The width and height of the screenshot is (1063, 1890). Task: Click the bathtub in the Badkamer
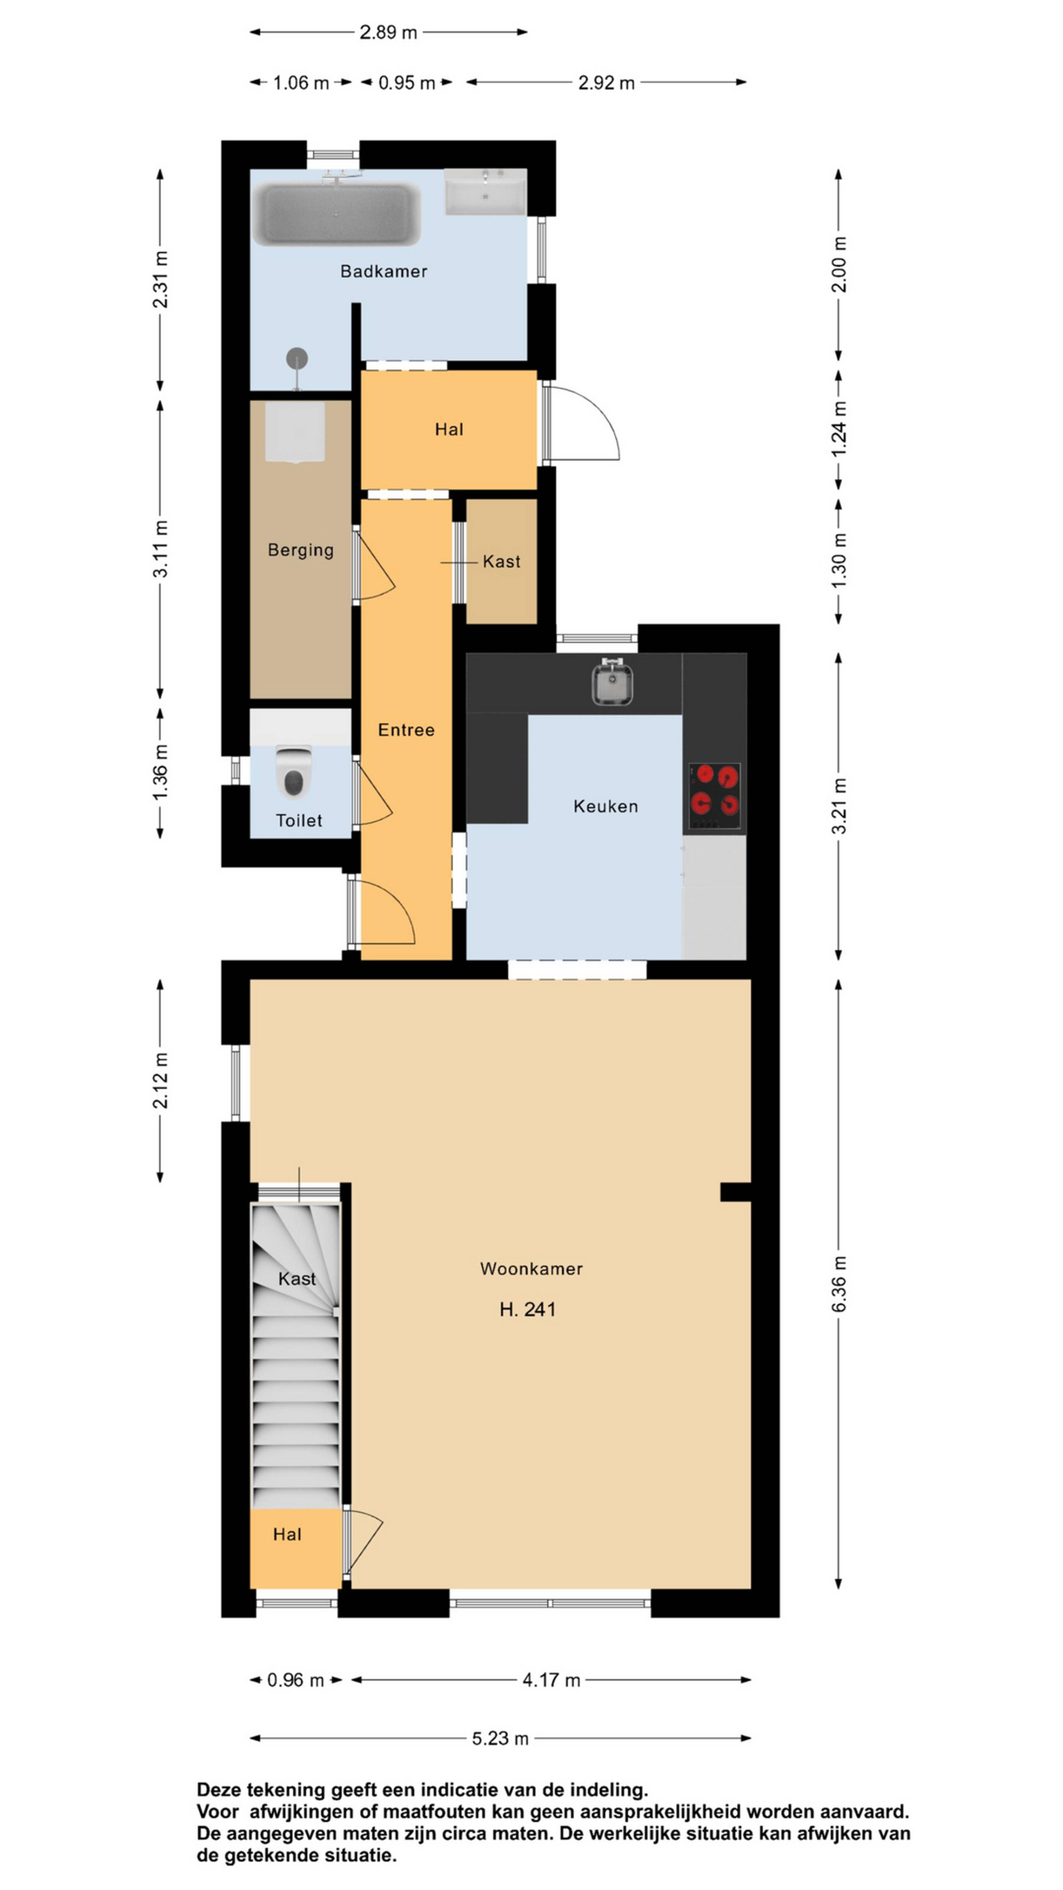pos(336,214)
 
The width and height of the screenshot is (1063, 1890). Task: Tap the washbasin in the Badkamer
pos(486,192)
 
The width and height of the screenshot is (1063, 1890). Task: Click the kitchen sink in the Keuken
pos(612,682)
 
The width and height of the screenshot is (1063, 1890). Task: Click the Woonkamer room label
pos(531,1269)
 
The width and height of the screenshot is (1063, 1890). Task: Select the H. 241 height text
pos(527,1310)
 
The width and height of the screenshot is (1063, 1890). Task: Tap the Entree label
pos(406,730)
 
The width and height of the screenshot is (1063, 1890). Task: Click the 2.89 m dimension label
pos(388,32)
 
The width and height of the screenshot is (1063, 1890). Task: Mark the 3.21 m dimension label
pos(840,806)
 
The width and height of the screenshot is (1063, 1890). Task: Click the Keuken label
pos(605,806)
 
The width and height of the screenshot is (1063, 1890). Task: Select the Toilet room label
pos(299,820)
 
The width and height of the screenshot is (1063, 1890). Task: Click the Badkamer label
pos(384,271)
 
